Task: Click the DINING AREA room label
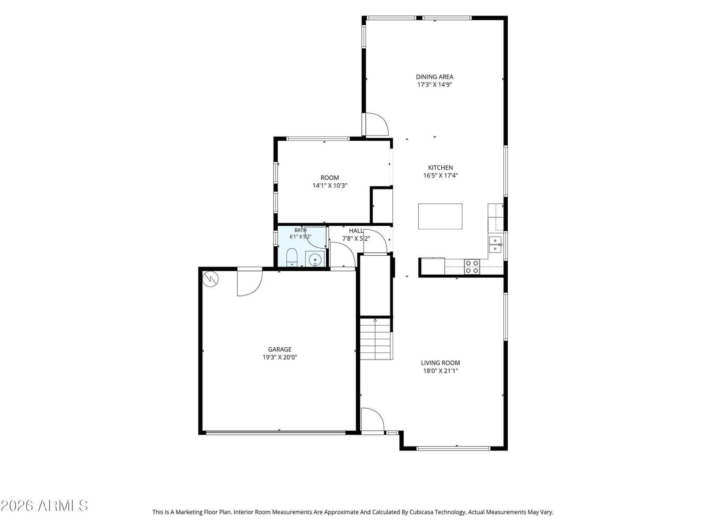coord(434,77)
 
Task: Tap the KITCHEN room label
coord(440,168)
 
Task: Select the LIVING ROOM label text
coord(440,363)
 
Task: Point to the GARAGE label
coord(279,349)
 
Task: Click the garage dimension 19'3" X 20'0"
coord(279,357)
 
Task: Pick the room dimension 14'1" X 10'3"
coord(330,185)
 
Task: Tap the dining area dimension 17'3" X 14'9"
coord(434,85)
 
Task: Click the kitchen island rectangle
coord(439,216)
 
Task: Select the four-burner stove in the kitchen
coord(472,267)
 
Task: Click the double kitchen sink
coord(495,245)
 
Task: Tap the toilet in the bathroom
coord(292,257)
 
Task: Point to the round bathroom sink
coord(315,259)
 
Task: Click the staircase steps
coord(376,338)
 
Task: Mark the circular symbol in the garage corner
coord(210,279)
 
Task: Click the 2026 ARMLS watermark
coord(44,506)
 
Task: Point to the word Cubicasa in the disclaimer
coord(421,512)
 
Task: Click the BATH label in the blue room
coord(300,230)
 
